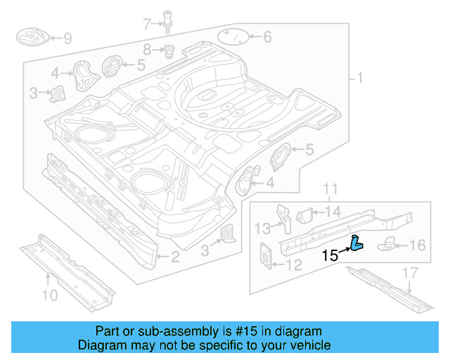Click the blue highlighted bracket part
[356, 243]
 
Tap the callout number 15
[330, 256]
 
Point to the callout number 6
[266, 37]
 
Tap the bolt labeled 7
[168, 21]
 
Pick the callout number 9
[67, 38]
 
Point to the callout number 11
[330, 189]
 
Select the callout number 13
[262, 228]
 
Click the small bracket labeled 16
[389, 245]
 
